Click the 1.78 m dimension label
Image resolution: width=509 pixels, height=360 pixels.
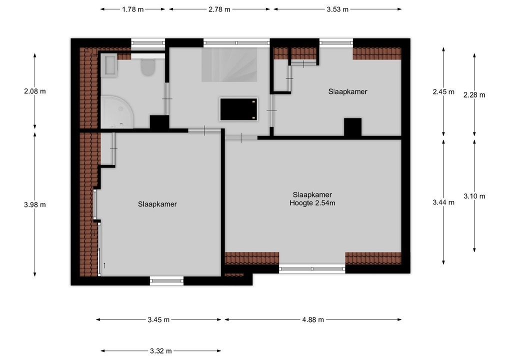pyautogui.click(x=133, y=9)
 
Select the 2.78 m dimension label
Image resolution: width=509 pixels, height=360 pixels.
pyautogui.click(x=220, y=9)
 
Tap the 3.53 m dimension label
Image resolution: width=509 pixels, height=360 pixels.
pyautogui.click(x=337, y=9)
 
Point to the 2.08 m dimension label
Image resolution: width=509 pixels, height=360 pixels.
pyautogui.click(x=34, y=91)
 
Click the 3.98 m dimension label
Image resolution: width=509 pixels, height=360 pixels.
pyautogui.click(x=34, y=204)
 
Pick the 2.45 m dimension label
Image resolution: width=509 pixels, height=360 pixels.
pyautogui.click(x=443, y=91)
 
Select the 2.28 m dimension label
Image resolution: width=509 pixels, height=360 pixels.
pyautogui.click(x=474, y=94)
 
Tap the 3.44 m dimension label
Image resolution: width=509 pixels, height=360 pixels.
pyautogui.click(x=443, y=202)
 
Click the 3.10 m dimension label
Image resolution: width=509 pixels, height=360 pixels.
pyautogui.click(x=474, y=196)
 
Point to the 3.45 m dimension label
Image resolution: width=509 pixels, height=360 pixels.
pyautogui.click(x=158, y=319)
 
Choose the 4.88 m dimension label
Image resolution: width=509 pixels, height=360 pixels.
pyautogui.click(x=313, y=319)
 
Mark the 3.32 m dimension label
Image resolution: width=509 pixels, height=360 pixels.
pyautogui.click(x=161, y=351)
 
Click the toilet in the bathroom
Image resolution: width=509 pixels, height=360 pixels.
pyautogui.click(x=147, y=67)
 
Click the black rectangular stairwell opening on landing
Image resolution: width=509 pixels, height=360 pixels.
pyautogui.click(x=239, y=109)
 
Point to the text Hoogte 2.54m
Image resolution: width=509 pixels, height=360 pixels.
pyautogui.click(x=312, y=203)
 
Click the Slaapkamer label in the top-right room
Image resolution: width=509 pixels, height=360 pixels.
pyautogui.click(x=347, y=91)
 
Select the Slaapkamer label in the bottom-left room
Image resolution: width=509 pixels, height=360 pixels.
pyautogui.click(x=157, y=204)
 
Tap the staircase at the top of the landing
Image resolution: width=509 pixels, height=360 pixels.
pyautogui.click(x=229, y=64)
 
